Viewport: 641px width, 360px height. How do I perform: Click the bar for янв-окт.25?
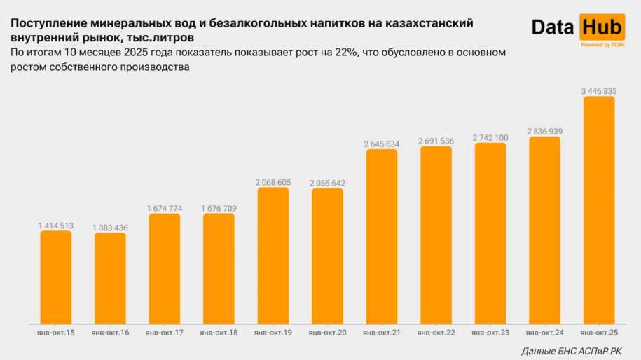coord(598,210)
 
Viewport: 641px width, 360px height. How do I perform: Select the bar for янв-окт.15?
coord(55,277)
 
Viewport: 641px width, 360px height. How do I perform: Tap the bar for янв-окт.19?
coord(273,256)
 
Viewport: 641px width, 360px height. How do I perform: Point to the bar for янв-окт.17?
coord(164,269)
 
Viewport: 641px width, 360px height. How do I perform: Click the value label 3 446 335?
coord(598,91)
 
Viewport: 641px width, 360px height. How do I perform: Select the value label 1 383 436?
coord(110,228)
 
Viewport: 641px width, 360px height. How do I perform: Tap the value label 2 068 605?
coord(273,182)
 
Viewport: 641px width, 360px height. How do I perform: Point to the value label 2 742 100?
coord(490,138)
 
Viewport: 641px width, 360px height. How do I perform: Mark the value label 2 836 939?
coord(544,132)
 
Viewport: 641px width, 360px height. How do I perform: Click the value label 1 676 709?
coord(219,208)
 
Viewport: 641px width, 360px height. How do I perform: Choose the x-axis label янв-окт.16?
coord(110,333)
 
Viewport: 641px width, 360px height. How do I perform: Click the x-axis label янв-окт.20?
coord(327,333)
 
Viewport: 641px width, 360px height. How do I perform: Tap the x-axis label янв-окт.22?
coord(436,333)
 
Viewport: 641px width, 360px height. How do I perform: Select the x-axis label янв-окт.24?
coord(544,333)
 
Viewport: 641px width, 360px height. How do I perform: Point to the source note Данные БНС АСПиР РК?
coord(571,351)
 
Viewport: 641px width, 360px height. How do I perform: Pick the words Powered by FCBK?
coord(601,45)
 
